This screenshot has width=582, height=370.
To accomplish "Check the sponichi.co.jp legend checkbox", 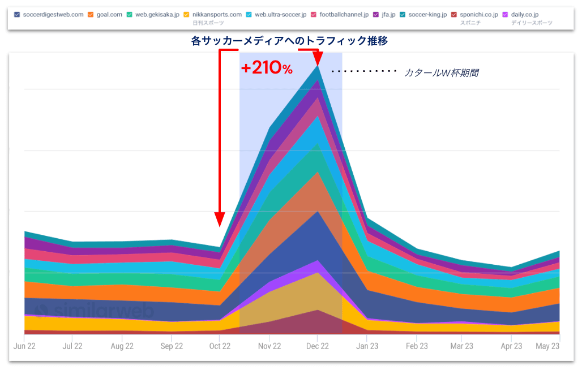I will tap(456, 14).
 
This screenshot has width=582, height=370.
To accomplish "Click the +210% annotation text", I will tap(267, 68).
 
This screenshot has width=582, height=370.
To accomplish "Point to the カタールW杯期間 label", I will tap(441, 73).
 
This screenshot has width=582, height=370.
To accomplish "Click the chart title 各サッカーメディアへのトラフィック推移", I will tap(289, 41).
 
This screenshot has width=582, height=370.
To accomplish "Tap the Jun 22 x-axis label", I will tap(24, 346).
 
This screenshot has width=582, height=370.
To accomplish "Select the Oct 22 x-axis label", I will tap(220, 346).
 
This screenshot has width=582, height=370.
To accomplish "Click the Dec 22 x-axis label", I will tap(318, 346).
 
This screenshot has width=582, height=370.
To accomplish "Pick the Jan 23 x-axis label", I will tap(367, 346).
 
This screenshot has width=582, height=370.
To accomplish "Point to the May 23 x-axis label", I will tap(547, 346).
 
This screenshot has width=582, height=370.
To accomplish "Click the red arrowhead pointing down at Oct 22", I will tap(220, 220).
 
